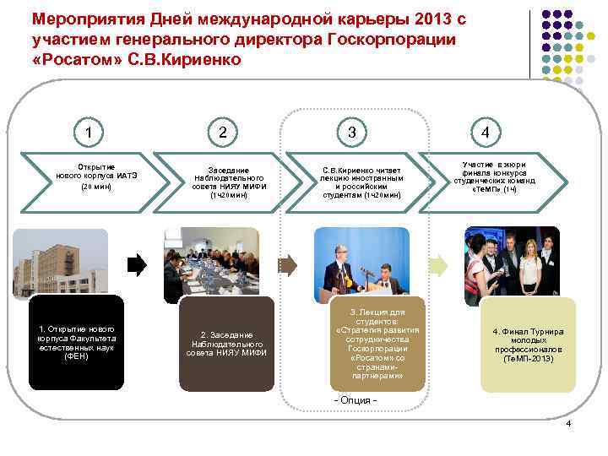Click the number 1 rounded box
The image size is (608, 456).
100,132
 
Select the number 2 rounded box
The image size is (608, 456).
222,132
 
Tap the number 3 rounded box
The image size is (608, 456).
350,132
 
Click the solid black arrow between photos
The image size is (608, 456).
137,266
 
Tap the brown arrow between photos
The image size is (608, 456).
288,265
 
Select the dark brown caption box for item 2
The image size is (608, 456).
228,343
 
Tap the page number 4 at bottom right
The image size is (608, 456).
568,422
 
